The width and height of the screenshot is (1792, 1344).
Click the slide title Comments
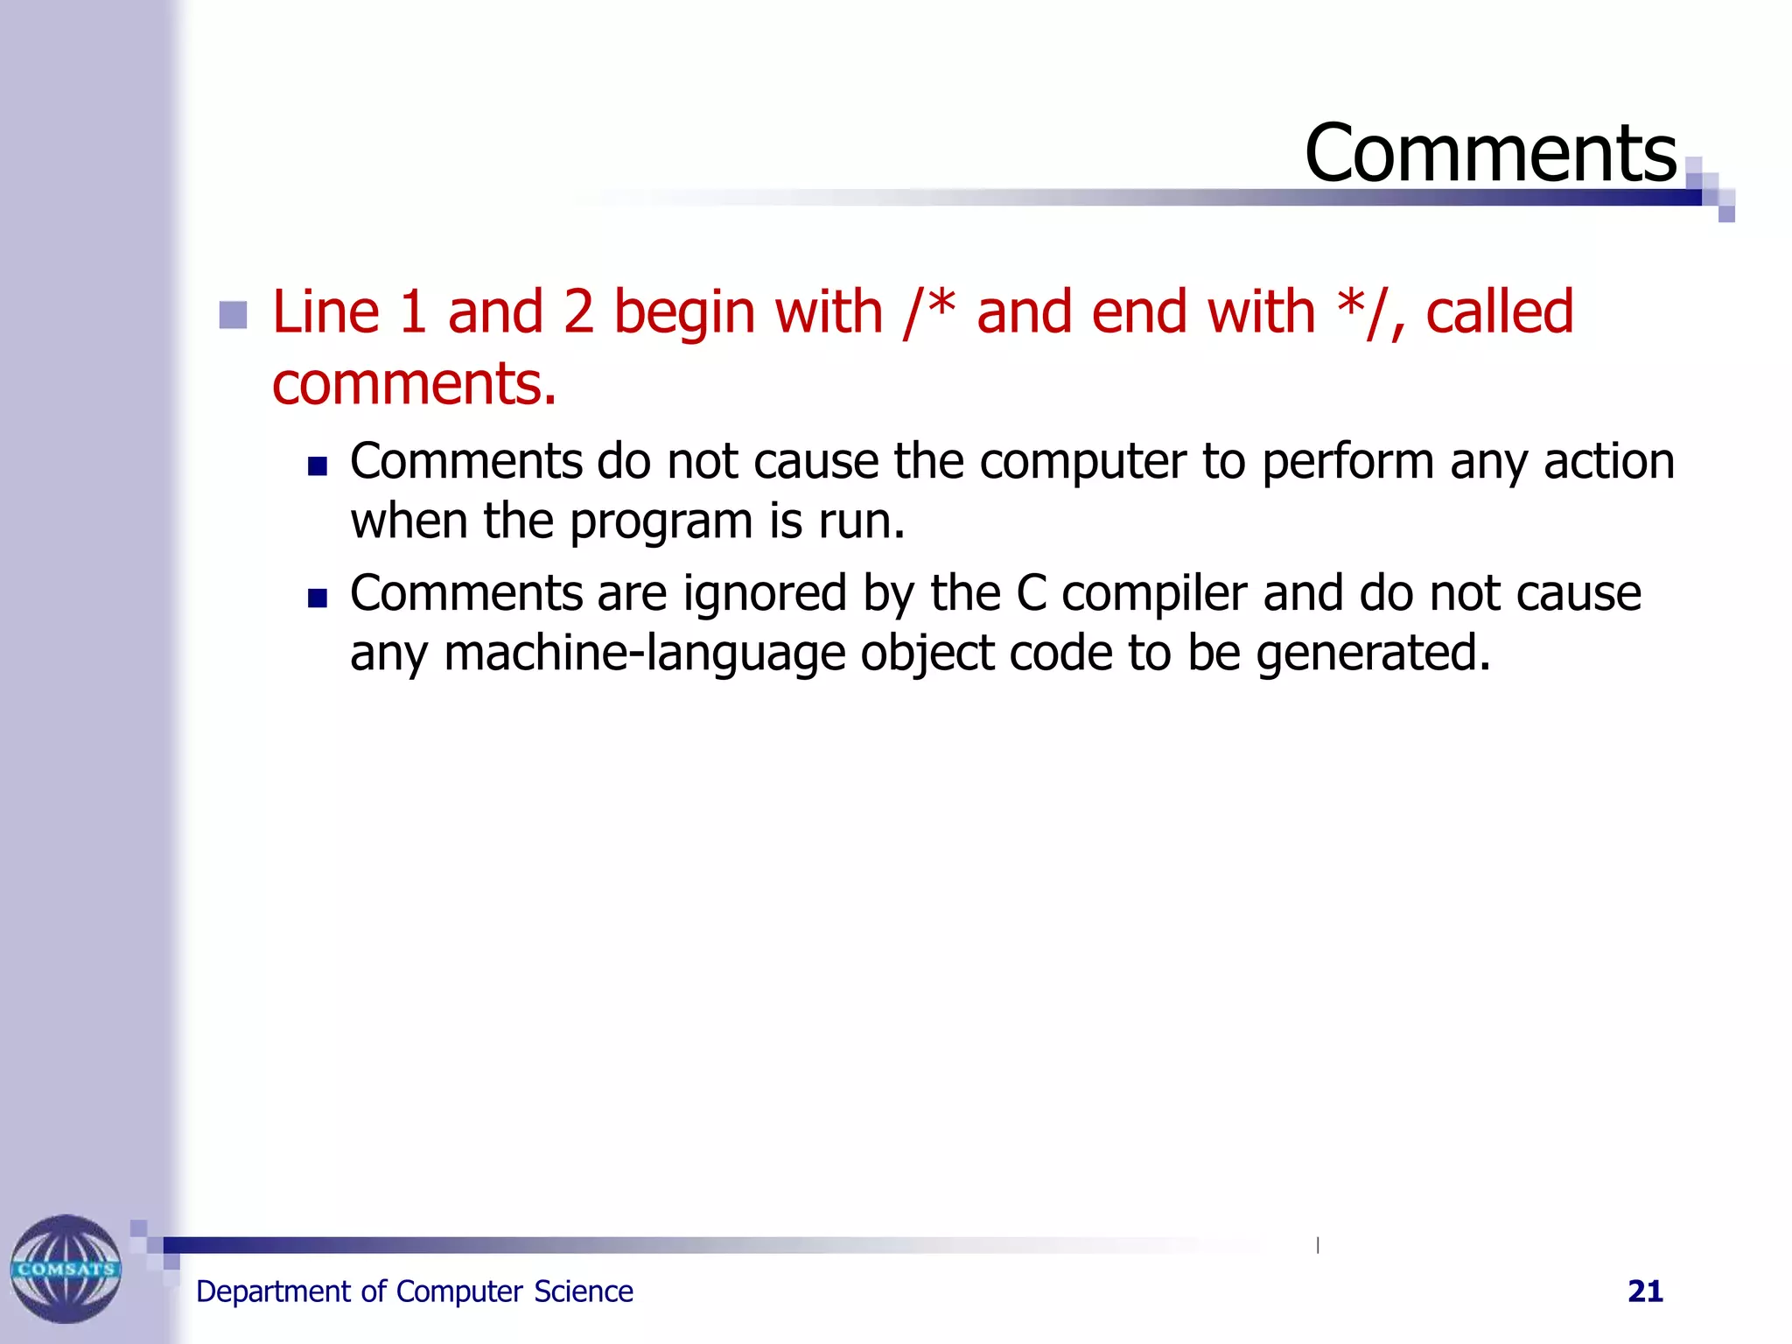click(1490, 154)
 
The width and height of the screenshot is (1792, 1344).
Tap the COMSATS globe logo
click(66, 1268)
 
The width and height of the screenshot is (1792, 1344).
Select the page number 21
click(1645, 1291)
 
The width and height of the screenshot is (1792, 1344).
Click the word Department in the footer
click(273, 1292)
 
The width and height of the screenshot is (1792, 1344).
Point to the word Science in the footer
click(583, 1291)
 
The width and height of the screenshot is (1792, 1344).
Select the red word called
click(1500, 311)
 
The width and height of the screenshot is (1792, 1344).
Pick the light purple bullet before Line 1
click(233, 315)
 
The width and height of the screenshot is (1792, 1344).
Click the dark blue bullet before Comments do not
click(317, 465)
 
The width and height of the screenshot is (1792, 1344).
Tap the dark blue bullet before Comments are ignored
click(317, 598)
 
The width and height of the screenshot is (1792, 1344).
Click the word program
click(661, 522)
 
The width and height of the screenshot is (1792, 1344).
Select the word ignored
click(765, 593)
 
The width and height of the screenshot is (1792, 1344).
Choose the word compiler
click(1154, 593)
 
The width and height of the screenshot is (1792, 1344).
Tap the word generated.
click(1373, 653)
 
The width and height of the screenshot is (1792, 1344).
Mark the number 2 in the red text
click(578, 311)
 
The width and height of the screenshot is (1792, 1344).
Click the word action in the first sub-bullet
click(1608, 461)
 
